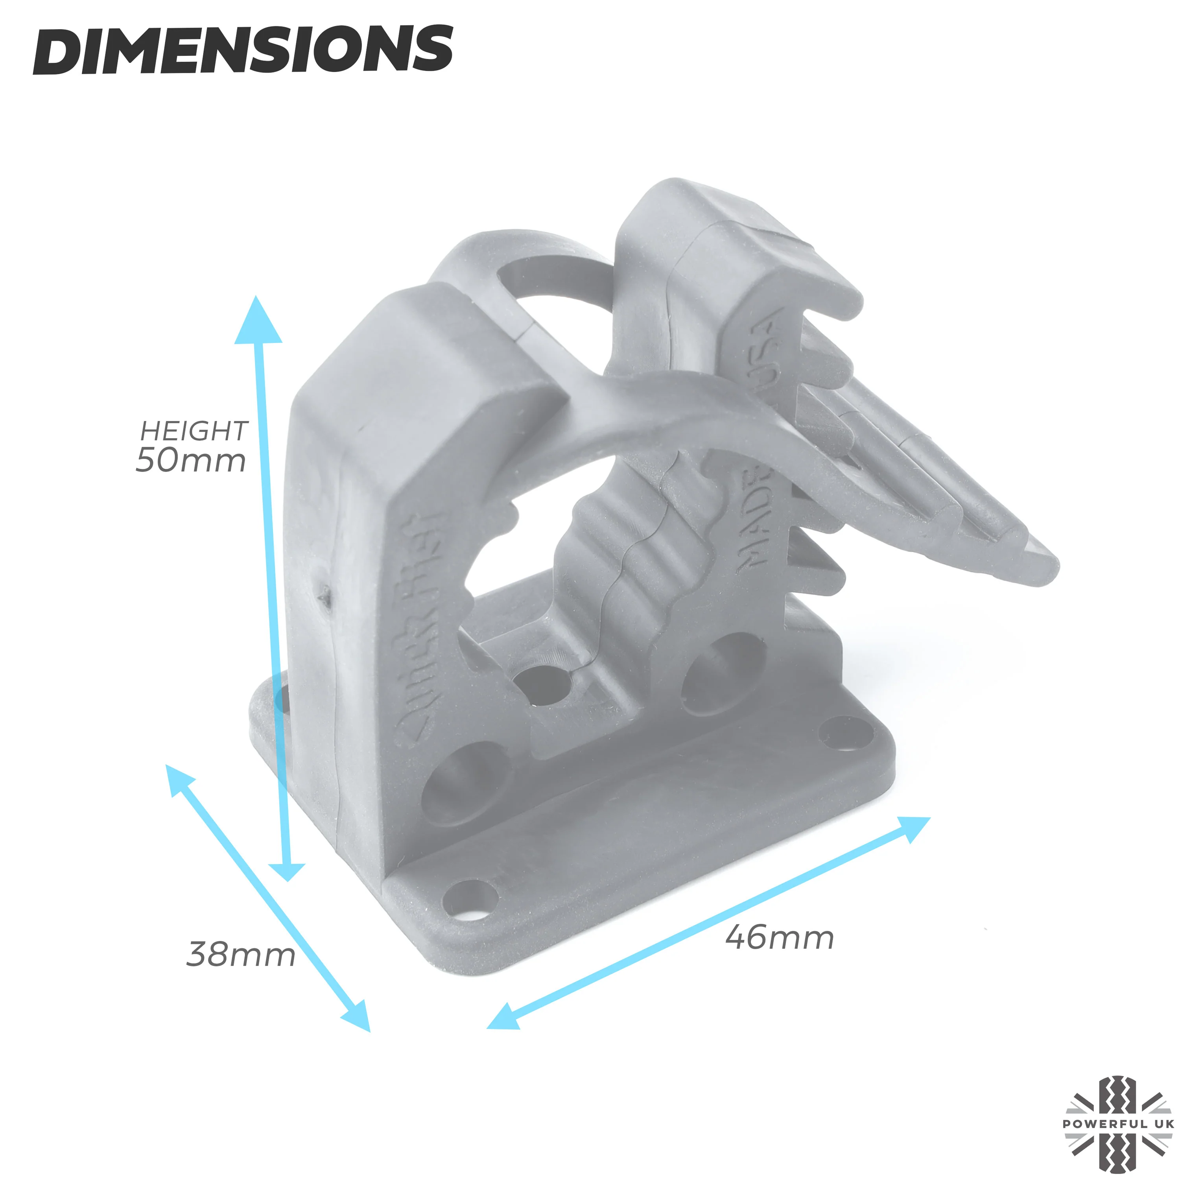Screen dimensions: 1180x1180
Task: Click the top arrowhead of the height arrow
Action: coord(257,320)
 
